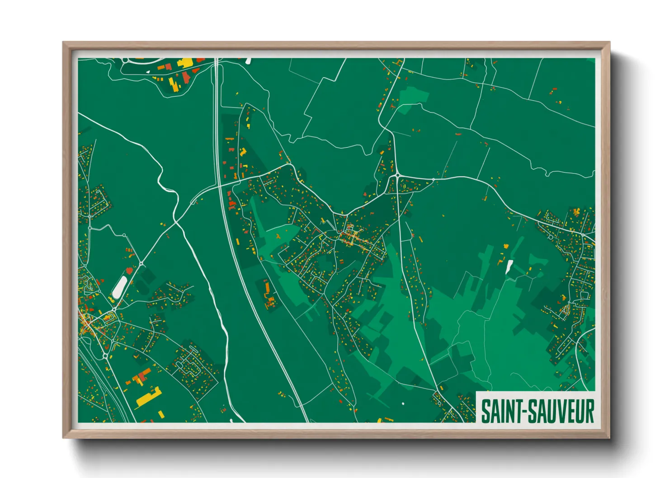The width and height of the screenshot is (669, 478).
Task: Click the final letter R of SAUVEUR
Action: pos(589,411)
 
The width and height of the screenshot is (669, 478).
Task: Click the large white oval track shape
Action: pos(119,287)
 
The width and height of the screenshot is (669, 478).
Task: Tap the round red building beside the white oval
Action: pos(129,271)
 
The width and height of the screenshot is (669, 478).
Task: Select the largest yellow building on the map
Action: pos(149,397)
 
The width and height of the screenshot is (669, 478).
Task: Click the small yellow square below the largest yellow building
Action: pos(161,414)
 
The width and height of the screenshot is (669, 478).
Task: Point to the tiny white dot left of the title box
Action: pos(403,403)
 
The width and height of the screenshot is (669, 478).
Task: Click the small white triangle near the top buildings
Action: pos(148,71)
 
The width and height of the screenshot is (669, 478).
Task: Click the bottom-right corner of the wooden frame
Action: pos(609,437)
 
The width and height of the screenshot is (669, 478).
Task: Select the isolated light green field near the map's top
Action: pos(413,96)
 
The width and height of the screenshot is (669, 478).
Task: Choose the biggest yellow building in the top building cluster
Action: pos(185,63)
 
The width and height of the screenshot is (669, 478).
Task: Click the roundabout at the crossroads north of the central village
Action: pos(397,175)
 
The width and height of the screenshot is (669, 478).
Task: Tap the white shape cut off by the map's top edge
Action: pos(248,61)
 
